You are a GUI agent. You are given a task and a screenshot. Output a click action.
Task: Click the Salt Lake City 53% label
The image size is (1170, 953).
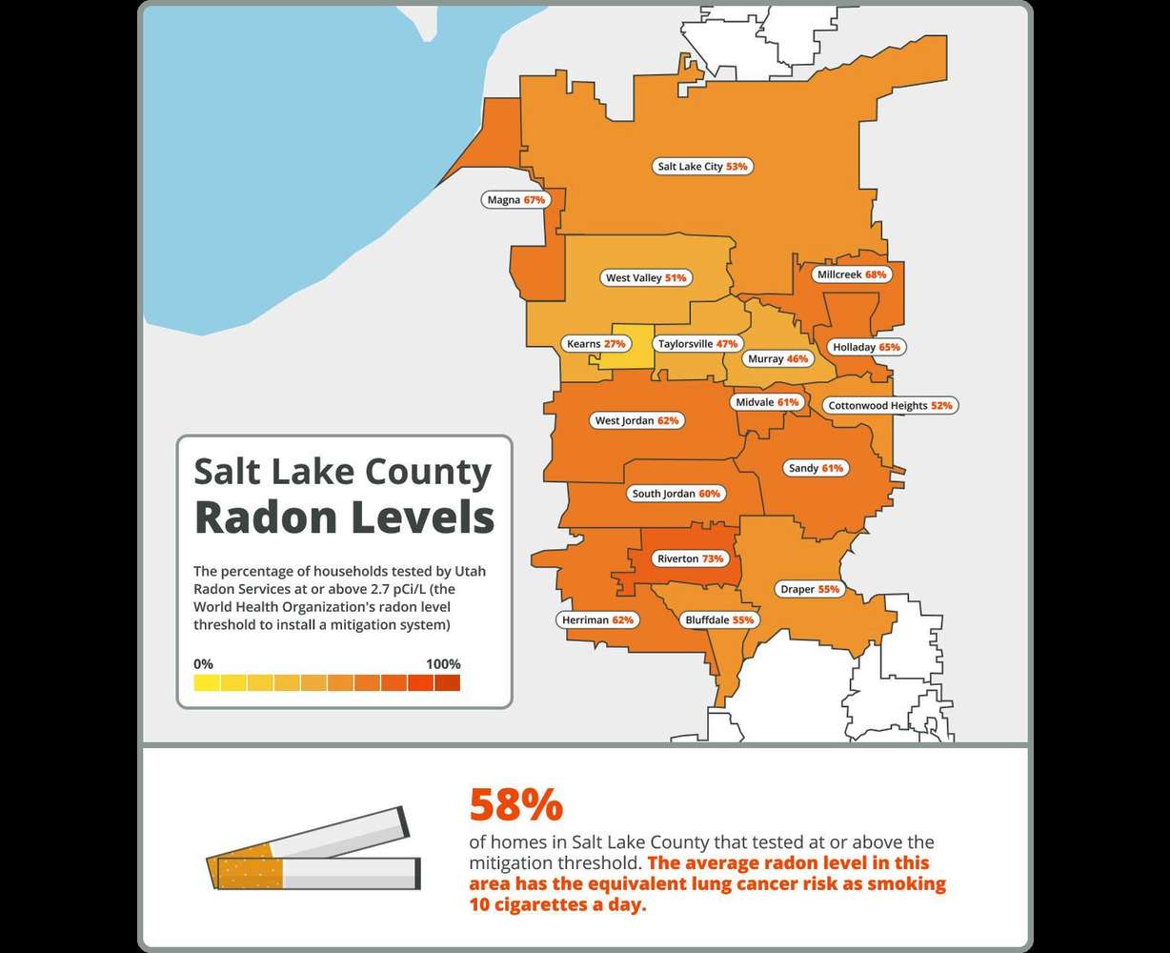click(703, 166)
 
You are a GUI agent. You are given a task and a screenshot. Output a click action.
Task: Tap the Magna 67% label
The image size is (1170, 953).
click(515, 200)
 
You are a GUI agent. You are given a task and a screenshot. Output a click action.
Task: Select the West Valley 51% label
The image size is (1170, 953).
click(646, 278)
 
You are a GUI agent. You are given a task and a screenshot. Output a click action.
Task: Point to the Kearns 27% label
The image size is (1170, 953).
click(595, 343)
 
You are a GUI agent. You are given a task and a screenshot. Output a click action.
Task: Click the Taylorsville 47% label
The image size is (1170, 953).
click(698, 343)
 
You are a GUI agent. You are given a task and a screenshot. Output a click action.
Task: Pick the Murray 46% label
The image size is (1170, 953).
click(777, 358)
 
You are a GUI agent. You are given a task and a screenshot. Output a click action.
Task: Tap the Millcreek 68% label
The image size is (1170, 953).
click(852, 274)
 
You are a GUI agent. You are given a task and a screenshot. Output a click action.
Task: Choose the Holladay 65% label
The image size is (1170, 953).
click(866, 347)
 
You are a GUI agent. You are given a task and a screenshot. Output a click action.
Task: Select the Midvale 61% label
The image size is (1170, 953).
click(767, 402)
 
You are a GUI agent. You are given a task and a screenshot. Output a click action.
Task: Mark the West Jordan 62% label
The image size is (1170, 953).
click(636, 420)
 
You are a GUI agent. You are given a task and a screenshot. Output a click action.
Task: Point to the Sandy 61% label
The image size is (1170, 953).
click(816, 468)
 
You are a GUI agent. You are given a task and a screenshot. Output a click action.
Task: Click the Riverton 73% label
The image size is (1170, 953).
click(691, 558)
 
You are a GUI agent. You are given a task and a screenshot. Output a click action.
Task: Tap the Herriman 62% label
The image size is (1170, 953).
click(597, 619)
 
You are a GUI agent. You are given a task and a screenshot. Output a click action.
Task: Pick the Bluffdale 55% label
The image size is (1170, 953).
click(719, 619)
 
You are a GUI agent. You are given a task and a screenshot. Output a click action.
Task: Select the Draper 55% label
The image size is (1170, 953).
click(810, 589)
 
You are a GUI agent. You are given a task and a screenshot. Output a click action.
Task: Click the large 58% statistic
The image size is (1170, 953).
click(515, 805)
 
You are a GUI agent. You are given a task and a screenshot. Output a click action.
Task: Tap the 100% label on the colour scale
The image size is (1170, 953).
click(443, 664)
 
